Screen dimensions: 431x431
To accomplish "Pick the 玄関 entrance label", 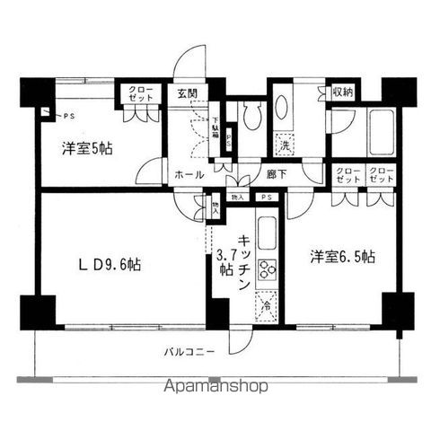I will (187, 92).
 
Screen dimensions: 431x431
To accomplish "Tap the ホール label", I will (189, 174).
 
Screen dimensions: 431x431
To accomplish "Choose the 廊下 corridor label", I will (276, 175).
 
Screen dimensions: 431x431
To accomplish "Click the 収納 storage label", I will (342, 92).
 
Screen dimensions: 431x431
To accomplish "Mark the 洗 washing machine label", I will (284, 144).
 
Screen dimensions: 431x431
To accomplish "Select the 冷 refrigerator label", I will (266, 307).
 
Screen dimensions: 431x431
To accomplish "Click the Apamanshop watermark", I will (215, 388).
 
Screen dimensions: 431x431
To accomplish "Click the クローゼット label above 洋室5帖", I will (139, 94).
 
